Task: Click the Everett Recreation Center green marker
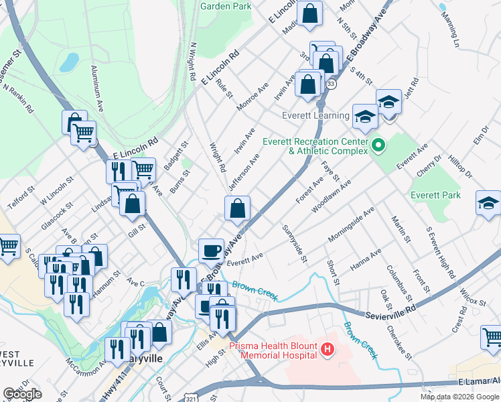[377, 144]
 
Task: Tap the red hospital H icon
[327, 349]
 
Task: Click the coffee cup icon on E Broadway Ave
[212, 251]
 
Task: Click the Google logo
[21, 393]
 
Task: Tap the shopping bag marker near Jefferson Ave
[238, 208]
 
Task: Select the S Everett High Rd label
[441, 253]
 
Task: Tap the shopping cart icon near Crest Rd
[493, 337]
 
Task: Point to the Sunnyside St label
[295, 243]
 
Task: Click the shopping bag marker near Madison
[310, 13]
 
